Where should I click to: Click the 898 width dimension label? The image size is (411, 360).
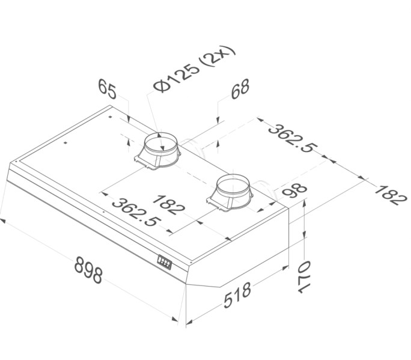(x=88, y=270)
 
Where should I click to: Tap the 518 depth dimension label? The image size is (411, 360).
(x=237, y=294)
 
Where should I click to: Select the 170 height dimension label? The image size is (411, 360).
(x=304, y=276)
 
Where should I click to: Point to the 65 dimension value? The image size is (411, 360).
(x=107, y=89)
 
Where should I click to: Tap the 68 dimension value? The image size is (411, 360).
(x=240, y=89)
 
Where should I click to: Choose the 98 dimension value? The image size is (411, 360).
(x=294, y=191)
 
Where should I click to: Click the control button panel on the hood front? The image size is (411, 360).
(x=165, y=262)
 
